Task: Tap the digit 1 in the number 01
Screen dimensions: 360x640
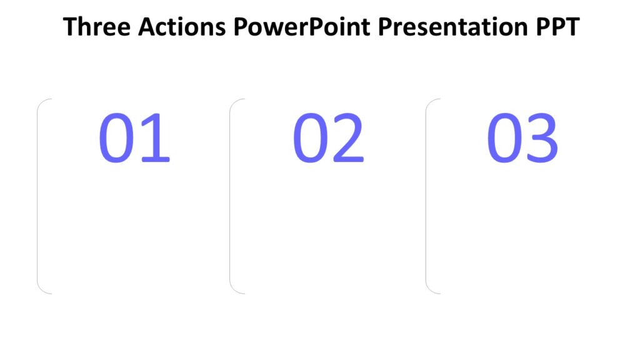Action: coord(156,138)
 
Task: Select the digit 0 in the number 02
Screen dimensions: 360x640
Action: coord(311,138)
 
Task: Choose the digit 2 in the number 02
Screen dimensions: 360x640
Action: coord(348,138)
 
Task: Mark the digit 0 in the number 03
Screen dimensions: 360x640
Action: coord(506,138)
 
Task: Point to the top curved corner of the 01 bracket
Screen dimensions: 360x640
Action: coord(42,102)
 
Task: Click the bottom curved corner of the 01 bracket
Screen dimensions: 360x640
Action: coord(42,289)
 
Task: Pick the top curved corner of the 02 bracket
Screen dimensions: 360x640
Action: coord(234,102)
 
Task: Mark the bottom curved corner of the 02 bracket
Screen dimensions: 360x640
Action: coord(234,289)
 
